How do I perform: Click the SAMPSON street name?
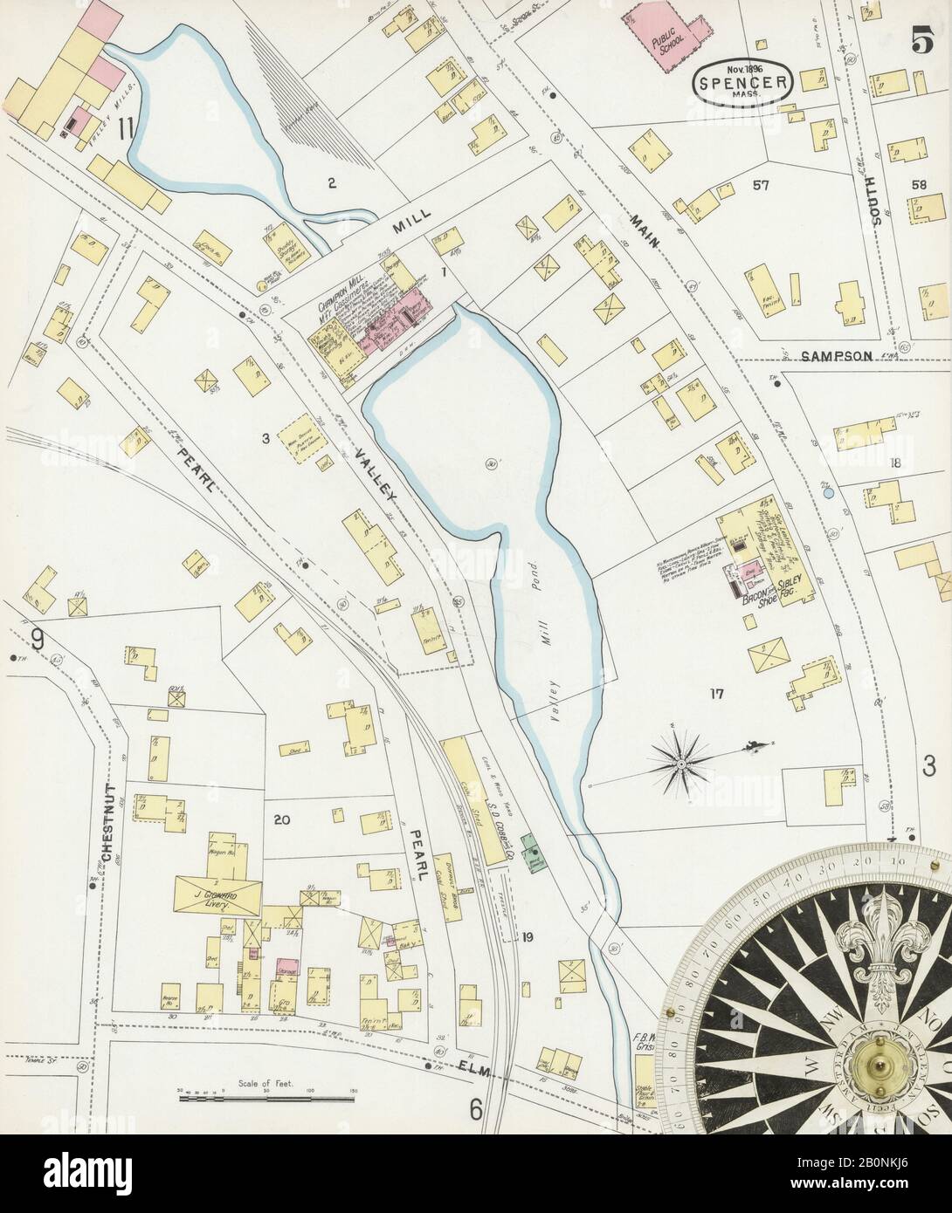pos(837,356)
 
